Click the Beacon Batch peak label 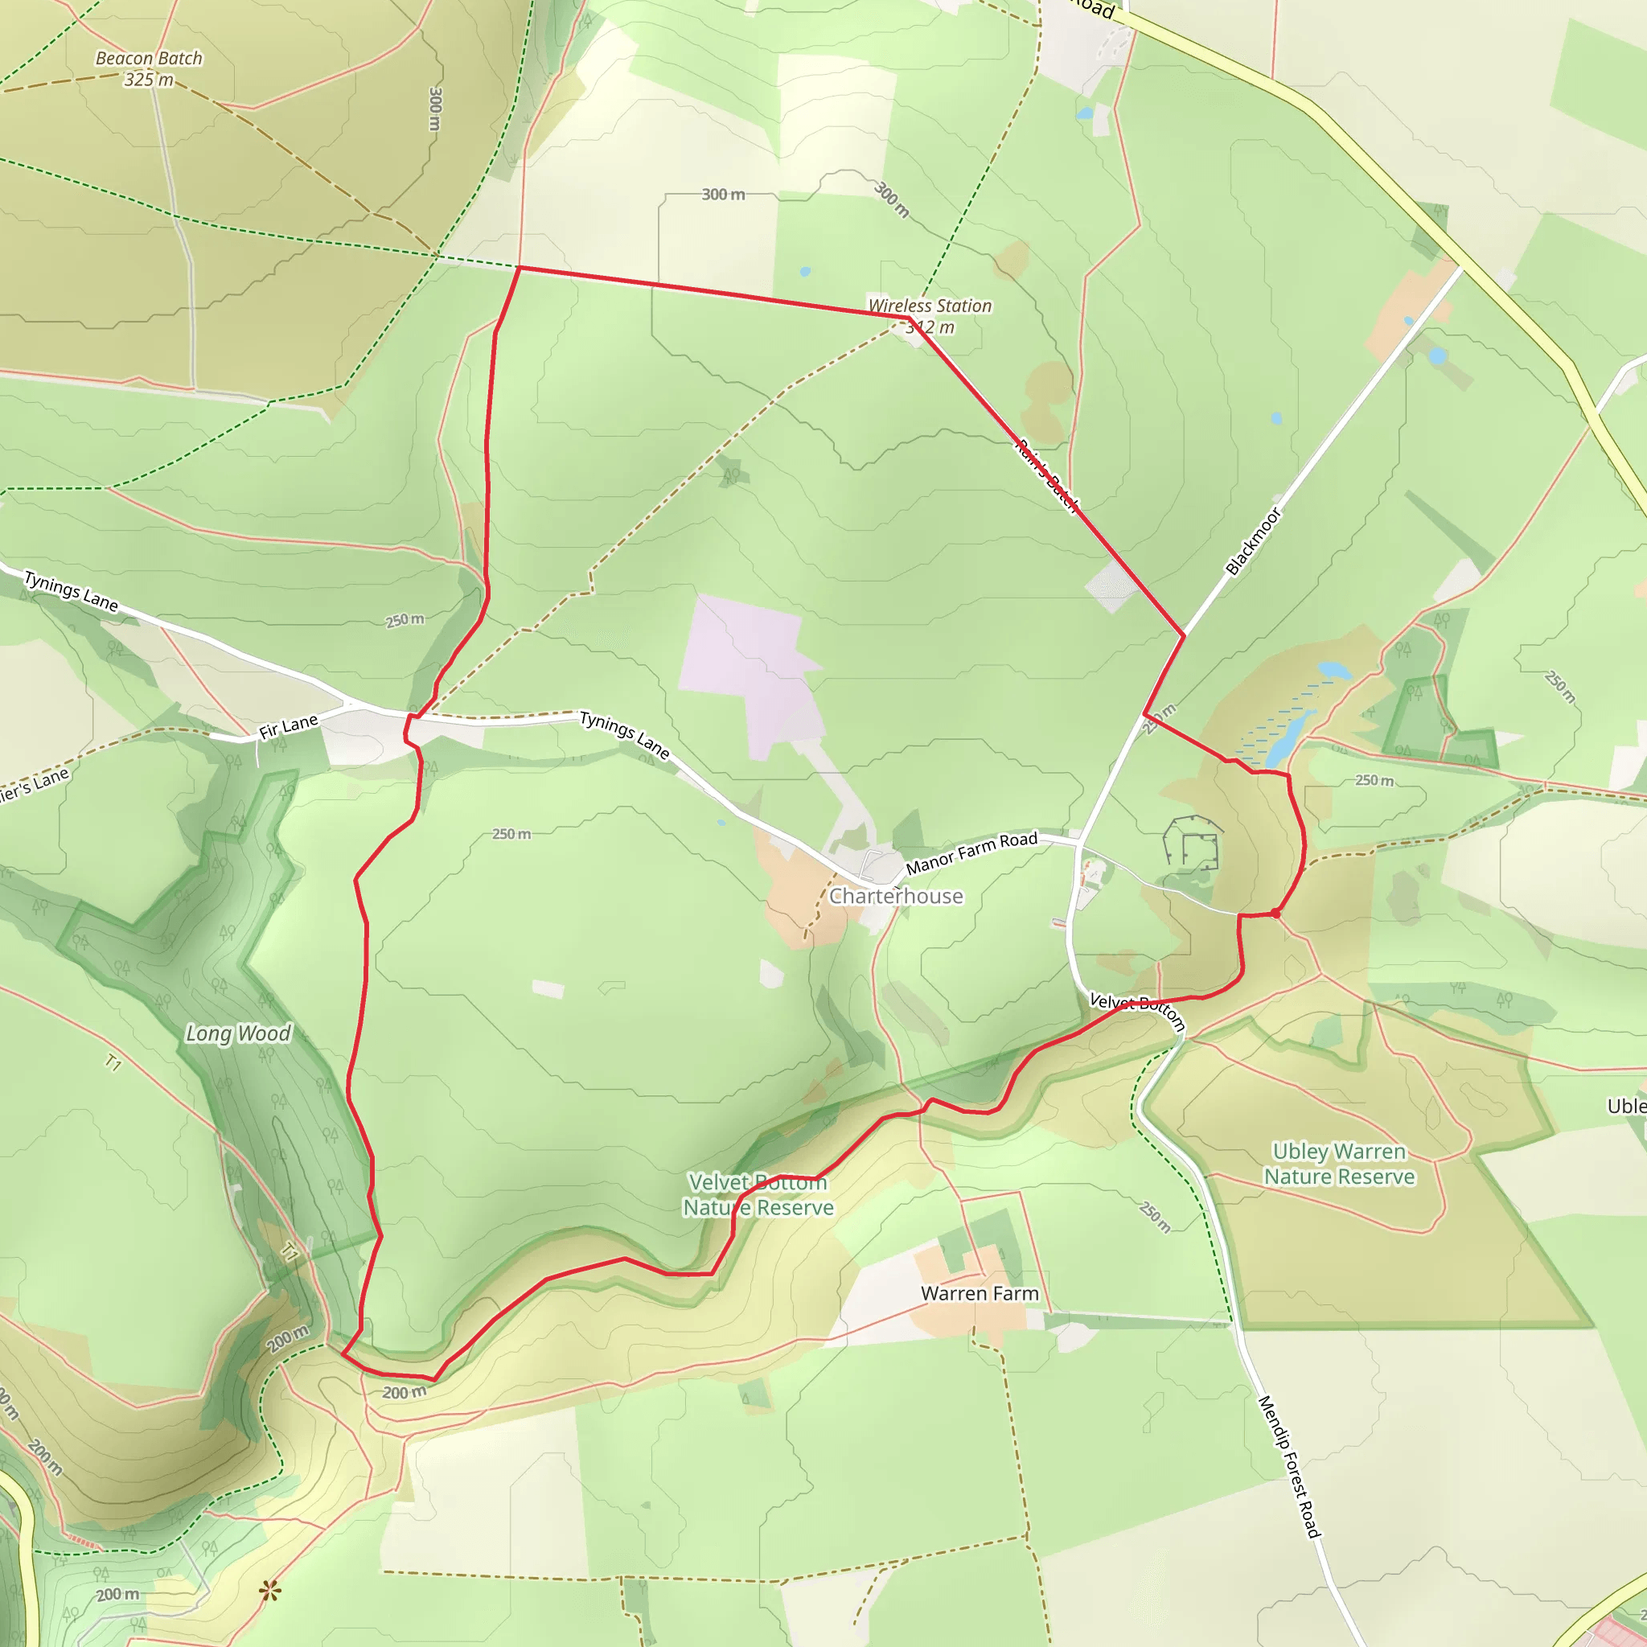[150, 59]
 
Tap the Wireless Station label [930, 305]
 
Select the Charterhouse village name [896, 896]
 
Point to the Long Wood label [239, 1033]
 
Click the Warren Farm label [980, 1293]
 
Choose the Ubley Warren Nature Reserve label [1339, 1164]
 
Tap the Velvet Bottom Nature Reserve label [758, 1194]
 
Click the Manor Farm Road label [971, 852]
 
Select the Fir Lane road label [288, 726]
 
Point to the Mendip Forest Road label [1289, 1466]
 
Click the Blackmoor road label [1253, 541]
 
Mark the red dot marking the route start [1275, 913]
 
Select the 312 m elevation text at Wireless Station [931, 327]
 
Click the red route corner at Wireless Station [910, 318]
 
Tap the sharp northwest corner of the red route [520, 268]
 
